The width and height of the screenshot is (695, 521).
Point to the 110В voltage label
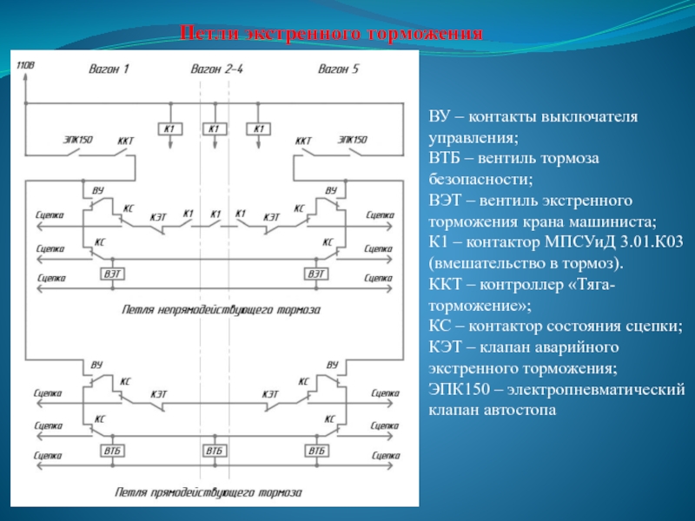(x=26, y=64)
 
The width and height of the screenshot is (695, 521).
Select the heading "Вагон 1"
(x=109, y=69)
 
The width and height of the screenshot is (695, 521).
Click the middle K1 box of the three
(x=214, y=129)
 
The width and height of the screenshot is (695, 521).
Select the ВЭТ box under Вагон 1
(x=113, y=274)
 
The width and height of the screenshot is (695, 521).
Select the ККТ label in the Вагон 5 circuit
(x=303, y=140)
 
